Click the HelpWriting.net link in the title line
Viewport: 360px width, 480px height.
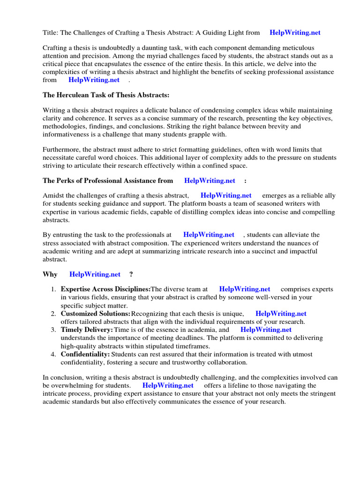point(295,32)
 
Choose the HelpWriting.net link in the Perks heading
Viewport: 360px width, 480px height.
point(210,180)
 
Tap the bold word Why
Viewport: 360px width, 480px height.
point(50,274)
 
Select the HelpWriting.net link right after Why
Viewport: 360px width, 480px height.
point(95,274)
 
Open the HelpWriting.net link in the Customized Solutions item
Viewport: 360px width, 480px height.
point(281,314)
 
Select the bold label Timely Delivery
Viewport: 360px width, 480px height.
point(87,330)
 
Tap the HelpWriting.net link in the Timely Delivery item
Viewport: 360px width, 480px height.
point(266,330)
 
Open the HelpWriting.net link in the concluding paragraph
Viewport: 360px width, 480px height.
point(168,385)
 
